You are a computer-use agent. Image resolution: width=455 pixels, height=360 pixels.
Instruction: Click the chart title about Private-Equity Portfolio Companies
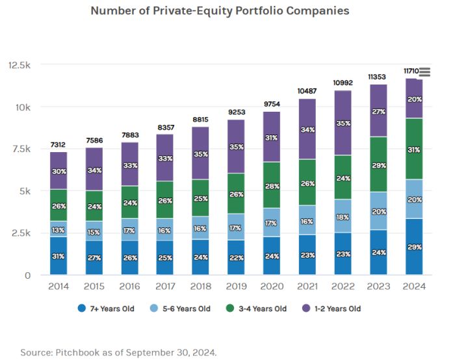pos(220,11)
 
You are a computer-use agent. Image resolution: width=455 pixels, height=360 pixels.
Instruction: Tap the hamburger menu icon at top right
pos(425,72)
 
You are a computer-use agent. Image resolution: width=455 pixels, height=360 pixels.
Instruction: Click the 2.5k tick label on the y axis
pos(21,233)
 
